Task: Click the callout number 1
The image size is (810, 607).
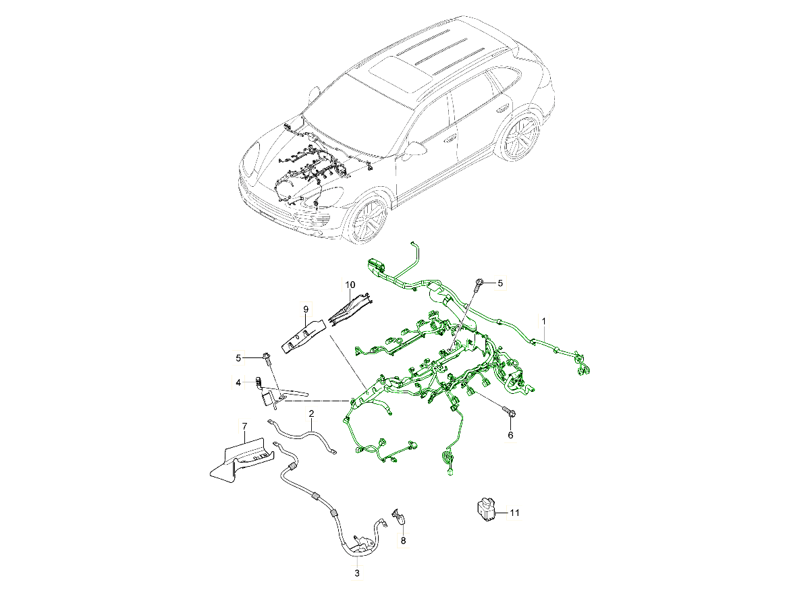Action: [x=543, y=322]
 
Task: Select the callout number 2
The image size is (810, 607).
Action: [x=311, y=413]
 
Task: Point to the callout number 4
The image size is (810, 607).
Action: [x=238, y=382]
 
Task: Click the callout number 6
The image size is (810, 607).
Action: [x=510, y=435]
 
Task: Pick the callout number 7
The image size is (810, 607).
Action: [x=244, y=426]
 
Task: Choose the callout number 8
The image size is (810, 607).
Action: [x=403, y=541]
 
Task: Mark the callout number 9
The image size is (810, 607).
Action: [x=306, y=309]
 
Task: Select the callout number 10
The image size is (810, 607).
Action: [x=350, y=285]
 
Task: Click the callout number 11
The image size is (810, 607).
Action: [x=514, y=513]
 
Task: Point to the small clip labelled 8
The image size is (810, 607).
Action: [x=398, y=517]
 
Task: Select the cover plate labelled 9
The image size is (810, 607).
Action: [x=303, y=337]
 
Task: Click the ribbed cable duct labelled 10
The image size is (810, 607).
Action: [x=350, y=308]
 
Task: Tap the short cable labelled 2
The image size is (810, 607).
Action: [x=304, y=436]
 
